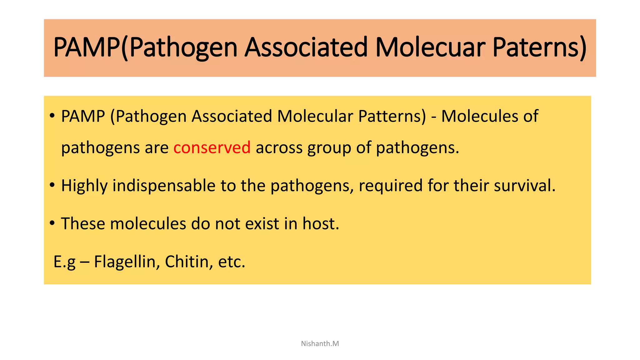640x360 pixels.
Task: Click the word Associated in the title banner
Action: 306,47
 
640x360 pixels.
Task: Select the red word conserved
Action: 212,147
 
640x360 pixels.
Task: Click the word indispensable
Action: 164,186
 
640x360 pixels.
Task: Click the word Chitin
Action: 187,262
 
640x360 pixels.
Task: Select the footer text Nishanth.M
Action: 320,343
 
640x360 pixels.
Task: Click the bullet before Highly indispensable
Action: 52,185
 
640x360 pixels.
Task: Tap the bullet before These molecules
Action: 52,223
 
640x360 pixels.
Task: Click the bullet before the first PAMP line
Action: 52,116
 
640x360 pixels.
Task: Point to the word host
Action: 321,224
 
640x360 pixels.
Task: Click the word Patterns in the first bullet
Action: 392,116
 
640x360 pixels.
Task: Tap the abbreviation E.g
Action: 64,262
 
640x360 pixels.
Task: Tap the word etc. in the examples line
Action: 232,262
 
